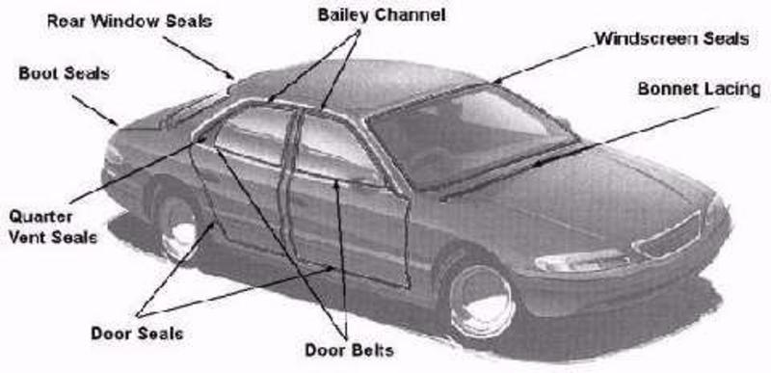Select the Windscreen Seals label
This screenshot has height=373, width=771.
(671, 40)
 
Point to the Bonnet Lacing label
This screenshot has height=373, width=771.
(699, 89)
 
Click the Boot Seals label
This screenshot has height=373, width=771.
(63, 72)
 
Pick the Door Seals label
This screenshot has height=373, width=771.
(137, 333)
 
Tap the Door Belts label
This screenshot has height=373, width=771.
(349, 348)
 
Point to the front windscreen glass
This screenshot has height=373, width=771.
(463, 135)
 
